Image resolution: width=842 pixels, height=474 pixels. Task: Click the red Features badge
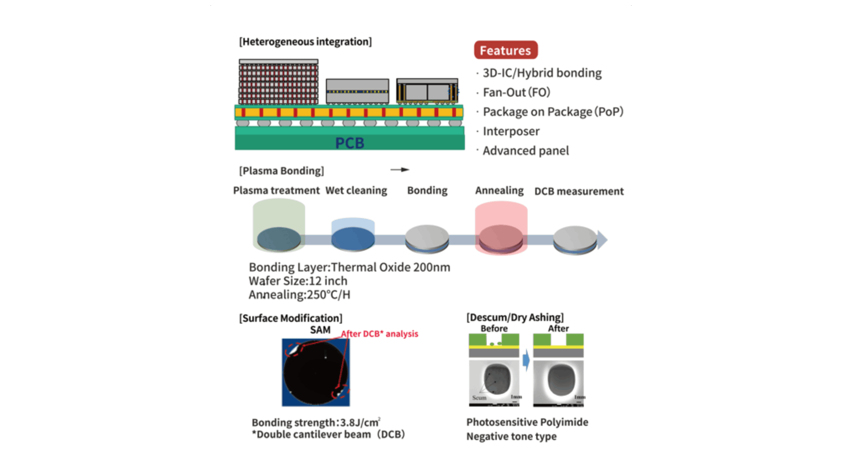[x=506, y=50]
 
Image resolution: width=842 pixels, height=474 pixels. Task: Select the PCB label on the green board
[x=350, y=143]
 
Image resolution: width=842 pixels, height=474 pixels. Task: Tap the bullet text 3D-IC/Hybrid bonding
[x=542, y=73]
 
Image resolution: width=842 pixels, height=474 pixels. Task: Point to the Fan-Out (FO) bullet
[x=516, y=92]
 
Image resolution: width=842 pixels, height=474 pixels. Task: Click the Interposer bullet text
[x=511, y=131]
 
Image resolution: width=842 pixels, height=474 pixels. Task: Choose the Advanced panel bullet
[x=525, y=151]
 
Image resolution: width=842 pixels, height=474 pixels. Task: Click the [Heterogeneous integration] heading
[x=305, y=42]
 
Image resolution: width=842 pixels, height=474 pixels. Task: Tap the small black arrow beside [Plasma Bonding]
[x=400, y=170]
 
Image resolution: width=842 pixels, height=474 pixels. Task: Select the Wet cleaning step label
[x=356, y=190]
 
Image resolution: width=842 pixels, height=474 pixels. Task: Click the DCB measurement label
[x=579, y=191]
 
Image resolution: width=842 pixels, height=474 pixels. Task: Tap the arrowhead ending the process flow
[x=603, y=240]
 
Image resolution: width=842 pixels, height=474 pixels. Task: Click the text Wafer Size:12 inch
[x=298, y=281]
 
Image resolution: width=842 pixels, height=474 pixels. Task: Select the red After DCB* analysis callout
[x=380, y=334]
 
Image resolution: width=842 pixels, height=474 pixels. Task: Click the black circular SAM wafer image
[x=316, y=372]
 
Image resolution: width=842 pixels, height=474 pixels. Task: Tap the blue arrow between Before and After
[x=526, y=360]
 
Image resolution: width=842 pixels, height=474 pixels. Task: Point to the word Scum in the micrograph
[x=479, y=398]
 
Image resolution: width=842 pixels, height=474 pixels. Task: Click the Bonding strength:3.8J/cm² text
[x=316, y=423]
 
